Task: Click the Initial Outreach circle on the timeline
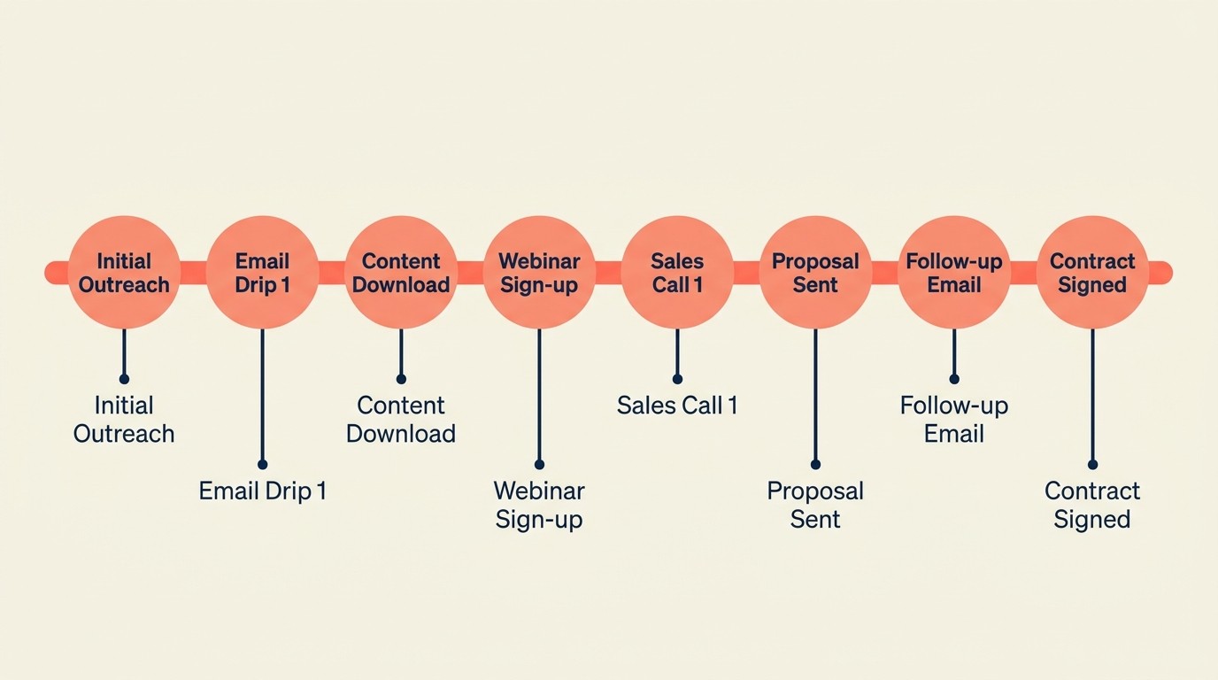point(124,273)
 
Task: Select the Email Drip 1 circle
point(262,273)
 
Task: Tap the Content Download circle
point(401,273)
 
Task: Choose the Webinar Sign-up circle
point(539,273)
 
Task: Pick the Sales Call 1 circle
point(677,273)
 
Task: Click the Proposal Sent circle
point(815,273)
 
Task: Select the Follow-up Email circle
point(954,273)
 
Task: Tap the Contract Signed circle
point(1092,273)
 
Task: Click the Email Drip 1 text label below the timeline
point(262,491)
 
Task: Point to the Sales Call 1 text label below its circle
point(677,406)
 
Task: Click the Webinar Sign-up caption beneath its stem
point(539,505)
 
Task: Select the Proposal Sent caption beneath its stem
point(815,505)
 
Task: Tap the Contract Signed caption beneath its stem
point(1092,505)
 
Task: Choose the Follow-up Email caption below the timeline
point(954,420)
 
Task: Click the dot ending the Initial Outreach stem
point(124,379)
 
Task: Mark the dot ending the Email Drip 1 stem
point(262,464)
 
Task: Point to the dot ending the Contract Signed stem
point(1092,464)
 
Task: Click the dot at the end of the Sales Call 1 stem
point(677,379)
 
